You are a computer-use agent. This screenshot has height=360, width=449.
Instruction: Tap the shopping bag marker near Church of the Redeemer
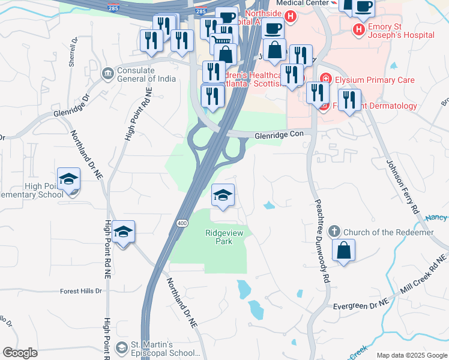[x=343, y=251]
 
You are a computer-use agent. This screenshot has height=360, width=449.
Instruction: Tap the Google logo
[x=20, y=353]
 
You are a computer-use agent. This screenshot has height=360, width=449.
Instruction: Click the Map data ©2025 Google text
[x=412, y=355]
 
